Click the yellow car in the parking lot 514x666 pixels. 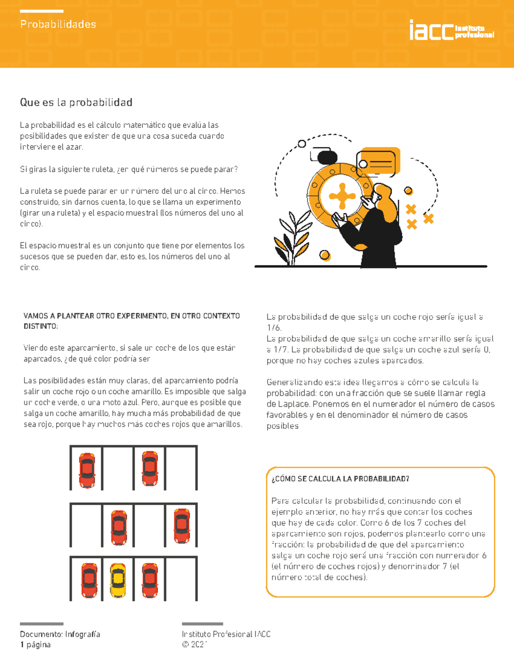pos(118,580)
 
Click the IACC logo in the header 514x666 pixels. pos(451,30)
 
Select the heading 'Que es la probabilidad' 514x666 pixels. pos(76,102)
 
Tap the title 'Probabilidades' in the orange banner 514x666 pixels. pos(58,24)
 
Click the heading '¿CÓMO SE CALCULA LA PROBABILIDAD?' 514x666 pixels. pos(340,479)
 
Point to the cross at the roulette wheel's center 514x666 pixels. pos(342,196)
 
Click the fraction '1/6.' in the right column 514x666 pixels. pos(274,328)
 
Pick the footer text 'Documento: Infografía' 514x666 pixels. pos(60,634)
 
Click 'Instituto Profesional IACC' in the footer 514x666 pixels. pos(226,634)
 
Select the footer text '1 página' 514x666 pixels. pos(35,645)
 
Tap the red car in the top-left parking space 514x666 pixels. pos(87,470)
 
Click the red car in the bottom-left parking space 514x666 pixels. pos(89,580)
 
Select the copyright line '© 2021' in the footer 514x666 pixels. pos(195,645)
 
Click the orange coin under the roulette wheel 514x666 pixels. pos(325,256)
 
